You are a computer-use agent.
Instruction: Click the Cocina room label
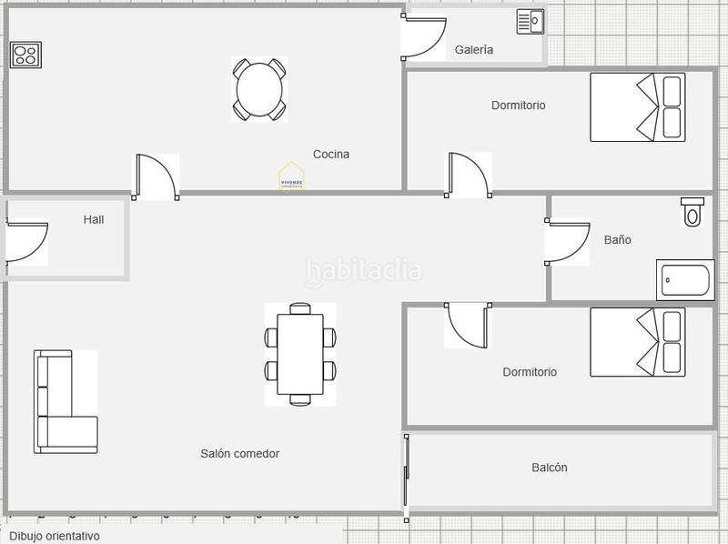(x=330, y=155)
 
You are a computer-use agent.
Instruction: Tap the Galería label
(x=474, y=50)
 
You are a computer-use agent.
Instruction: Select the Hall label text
(x=94, y=219)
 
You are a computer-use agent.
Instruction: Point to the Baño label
(x=617, y=240)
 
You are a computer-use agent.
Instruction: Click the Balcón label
(x=549, y=468)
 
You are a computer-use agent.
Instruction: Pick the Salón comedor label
(x=239, y=453)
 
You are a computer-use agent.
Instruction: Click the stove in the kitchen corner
(x=25, y=55)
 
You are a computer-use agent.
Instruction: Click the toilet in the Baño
(x=693, y=212)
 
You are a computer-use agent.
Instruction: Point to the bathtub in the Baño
(x=686, y=280)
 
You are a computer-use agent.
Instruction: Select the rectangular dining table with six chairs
(x=300, y=354)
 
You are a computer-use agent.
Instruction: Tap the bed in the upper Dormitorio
(x=637, y=107)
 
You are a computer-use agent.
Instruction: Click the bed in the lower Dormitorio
(x=637, y=342)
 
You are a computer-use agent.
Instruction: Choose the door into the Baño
(x=569, y=242)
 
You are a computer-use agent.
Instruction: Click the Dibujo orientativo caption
(x=55, y=536)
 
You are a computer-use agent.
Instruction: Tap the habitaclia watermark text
(x=364, y=270)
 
